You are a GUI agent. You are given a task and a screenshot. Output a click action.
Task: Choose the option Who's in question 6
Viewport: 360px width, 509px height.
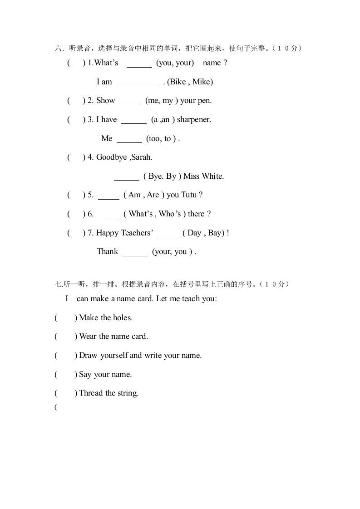coord(170,214)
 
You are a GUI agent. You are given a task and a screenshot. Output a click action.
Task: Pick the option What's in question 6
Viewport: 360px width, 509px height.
coord(141,214)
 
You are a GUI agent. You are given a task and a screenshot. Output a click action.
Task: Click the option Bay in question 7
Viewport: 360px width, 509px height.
coord(216,233)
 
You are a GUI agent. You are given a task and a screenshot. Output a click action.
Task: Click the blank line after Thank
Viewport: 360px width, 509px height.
coord(135,255)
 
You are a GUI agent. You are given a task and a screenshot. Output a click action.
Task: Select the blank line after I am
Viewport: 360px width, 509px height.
coord(138,84)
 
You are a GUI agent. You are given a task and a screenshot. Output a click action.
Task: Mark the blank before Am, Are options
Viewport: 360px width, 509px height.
coord(108,198)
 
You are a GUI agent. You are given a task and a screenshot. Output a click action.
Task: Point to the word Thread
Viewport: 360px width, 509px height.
coord(91,393)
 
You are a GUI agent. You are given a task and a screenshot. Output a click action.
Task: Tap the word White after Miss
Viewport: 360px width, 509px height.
coord(214,176)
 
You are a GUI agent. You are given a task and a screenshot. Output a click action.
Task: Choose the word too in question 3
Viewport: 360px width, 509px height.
coord(155,139)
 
